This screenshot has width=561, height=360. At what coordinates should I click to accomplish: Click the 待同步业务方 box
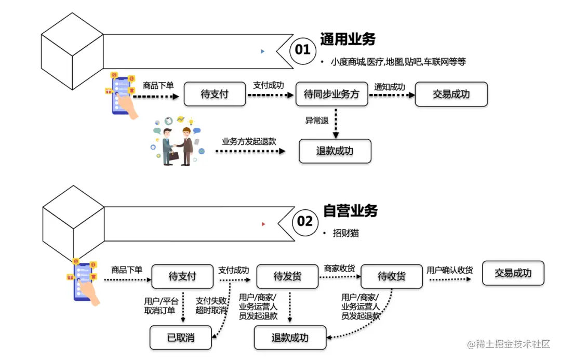pos(331,95)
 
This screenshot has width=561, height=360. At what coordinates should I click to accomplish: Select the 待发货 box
pos(287,276)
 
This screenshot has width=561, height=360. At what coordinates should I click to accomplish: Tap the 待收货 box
pos(391,276)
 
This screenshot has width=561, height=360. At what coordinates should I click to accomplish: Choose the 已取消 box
pos(181,338)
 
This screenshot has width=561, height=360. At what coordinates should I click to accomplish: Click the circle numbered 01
pos(303,50)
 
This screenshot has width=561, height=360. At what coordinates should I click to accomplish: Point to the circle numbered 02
pos(305,222)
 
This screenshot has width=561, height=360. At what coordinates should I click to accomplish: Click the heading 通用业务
pos(348,39)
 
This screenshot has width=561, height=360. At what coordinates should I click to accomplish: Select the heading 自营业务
pos(350,210)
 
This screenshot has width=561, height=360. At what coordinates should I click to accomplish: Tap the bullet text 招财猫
pos(346,233)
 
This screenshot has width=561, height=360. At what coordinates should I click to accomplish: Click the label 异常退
pos(317,121)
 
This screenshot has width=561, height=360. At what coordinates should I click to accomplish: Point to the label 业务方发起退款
pos(249,141)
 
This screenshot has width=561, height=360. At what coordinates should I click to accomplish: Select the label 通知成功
pos(390,87)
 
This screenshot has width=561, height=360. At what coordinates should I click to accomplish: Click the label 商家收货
pos(339,268)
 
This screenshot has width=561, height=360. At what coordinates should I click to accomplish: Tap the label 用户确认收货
pos(450,270)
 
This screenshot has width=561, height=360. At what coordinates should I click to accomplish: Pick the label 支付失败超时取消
pos(211,305)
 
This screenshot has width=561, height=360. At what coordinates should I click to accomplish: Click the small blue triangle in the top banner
pos(263,51)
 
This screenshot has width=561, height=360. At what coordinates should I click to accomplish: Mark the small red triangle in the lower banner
pos(264,224)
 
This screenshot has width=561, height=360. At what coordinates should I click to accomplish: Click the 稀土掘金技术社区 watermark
pos(509,344)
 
